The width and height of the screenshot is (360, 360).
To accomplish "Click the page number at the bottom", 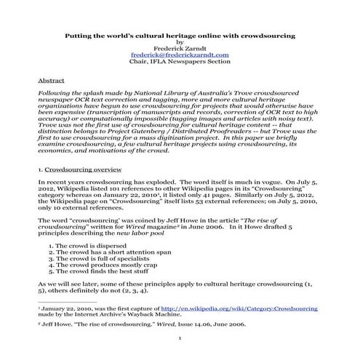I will [x=180, y=339].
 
